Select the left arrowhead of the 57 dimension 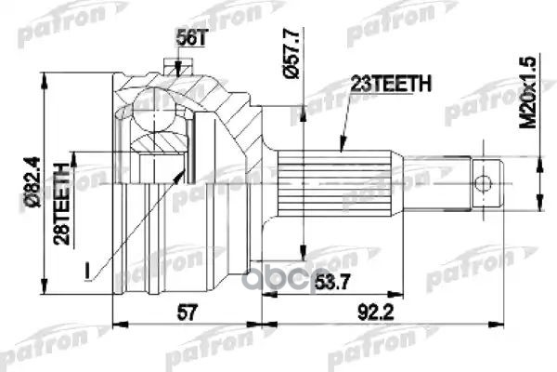coord(116,325)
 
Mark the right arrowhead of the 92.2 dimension coord(501,325)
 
